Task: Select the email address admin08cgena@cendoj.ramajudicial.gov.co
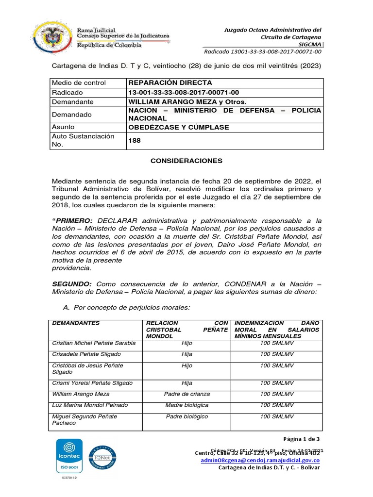260,460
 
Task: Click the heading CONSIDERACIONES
186,160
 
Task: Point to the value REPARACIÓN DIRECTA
170,83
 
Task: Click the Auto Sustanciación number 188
135,141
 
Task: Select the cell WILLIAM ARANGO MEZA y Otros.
187,102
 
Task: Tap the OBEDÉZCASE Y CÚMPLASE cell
178,127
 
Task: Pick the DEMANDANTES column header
76,323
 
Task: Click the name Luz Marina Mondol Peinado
90,405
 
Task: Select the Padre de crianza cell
186,394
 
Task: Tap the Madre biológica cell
186,405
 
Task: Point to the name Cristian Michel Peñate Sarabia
94,343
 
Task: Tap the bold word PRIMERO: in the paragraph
72,221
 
